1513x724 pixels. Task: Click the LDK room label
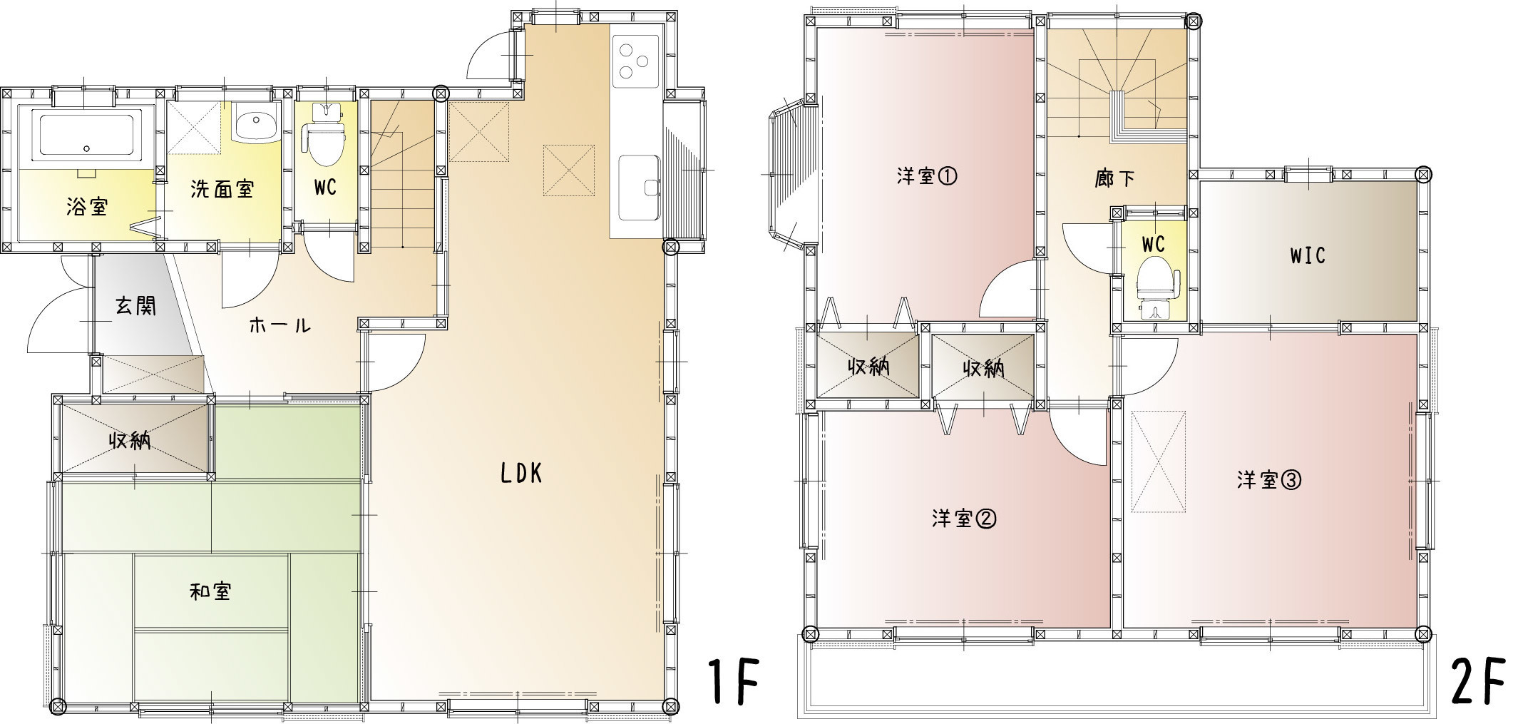click(x=522, y=474)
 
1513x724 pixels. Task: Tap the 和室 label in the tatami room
click(x=210, y=591)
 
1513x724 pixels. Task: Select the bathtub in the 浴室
click(x=86, y=134)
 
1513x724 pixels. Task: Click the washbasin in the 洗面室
click(x=255, y=126)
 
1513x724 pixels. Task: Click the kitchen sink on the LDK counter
click(x=640, y=188)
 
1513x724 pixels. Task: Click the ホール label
click(x=280, y=326)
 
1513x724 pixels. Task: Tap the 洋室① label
click(x=927, y=176)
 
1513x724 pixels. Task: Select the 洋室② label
click(x=963, y=519)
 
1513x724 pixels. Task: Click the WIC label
click(x=1308, y=255)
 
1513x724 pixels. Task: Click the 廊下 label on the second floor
click(x=1115, y=178)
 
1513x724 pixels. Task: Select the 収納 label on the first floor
click(x=130, y=441)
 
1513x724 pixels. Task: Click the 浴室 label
click(x=87, y=207)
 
